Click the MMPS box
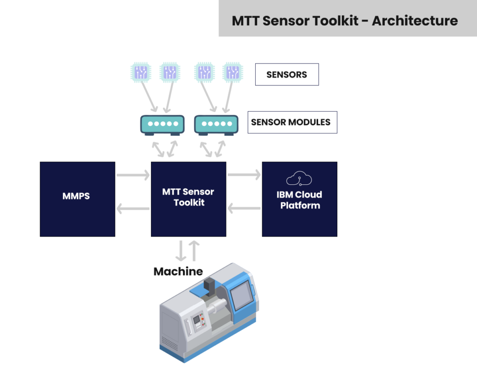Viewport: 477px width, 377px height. tap(77, 199)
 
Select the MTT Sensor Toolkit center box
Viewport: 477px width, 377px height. tap(189, 199)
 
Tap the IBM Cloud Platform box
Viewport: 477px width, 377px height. tap(300, 199)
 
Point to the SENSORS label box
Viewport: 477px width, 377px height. tap(287, 75)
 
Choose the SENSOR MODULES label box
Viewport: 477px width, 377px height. tap(292, 122)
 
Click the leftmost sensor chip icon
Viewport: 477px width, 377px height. tap(141, 72)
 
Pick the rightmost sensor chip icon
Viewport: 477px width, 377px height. tap(232, 72)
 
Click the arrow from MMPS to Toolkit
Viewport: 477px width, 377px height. tap(133, 175)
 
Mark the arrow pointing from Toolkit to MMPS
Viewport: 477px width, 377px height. tap(133, 209)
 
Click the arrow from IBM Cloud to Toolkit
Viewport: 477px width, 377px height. tap(244, 209)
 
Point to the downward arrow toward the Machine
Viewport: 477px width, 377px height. tap(181, 251)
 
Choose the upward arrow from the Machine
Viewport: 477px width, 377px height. tap(195, 251)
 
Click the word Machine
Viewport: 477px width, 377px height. tap(178, 272)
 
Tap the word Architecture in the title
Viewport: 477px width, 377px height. tap(415, 21)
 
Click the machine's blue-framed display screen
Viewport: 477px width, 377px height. tap(243, 296)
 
